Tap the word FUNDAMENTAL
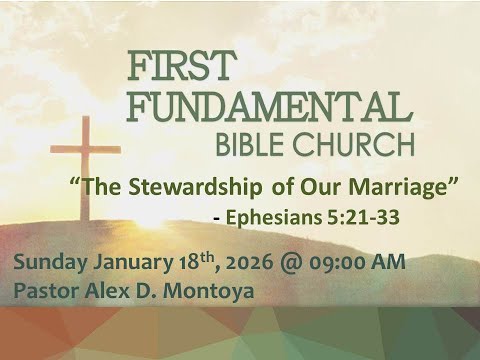[271, 104]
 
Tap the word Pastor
[42, 292]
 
